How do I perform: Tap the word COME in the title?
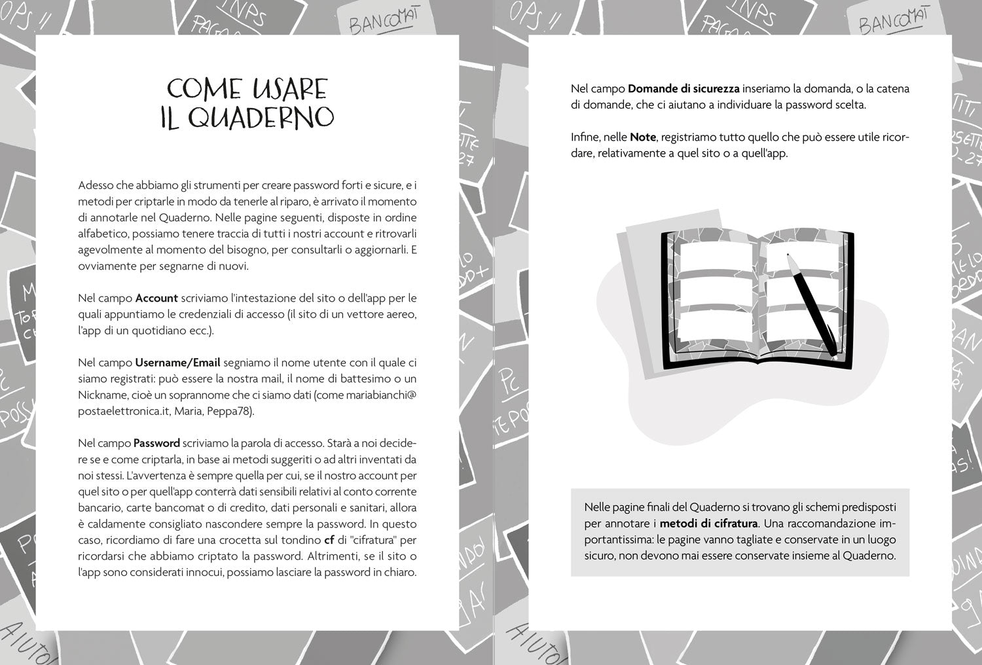point(204,88)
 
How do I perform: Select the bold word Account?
point(156,298)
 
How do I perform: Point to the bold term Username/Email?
point(177,363)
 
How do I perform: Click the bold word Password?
point(156,443)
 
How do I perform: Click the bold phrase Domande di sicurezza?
point(683,88)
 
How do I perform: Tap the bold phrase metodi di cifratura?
point(708,524)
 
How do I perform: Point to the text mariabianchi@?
point(384,395)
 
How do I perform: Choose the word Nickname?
point(100,395)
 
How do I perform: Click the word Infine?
point(585,137)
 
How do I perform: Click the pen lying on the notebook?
point(812,304)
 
